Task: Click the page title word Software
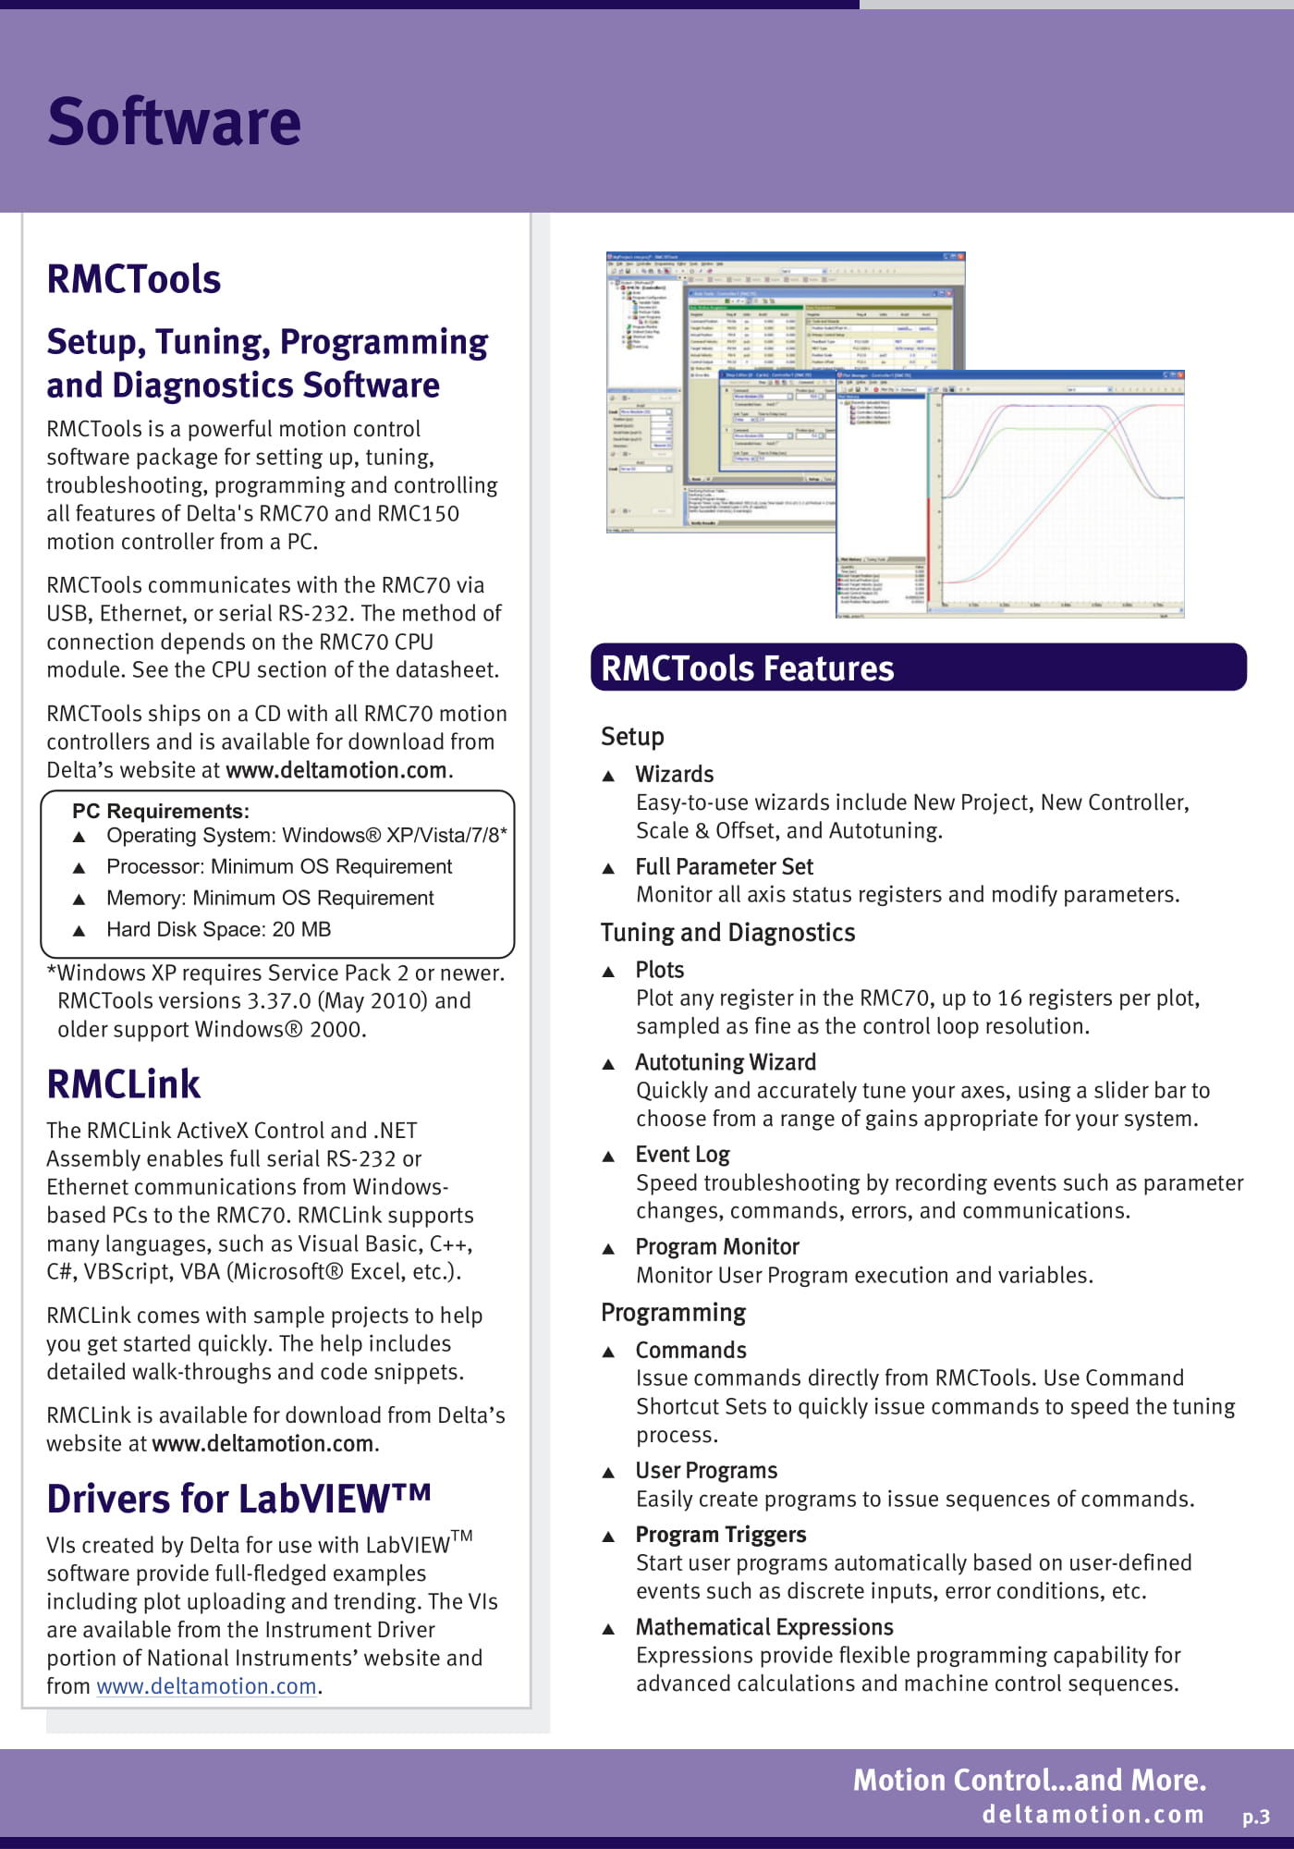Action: click(x=174, y=122)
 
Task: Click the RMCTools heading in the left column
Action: click(x=134, y=279)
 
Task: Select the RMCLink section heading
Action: click(x=124, y=1084)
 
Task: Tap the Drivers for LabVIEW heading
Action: click(x=238, y=1499)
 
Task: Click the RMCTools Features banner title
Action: click(x=747, y=668)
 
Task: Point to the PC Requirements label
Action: click(x=161, y=811)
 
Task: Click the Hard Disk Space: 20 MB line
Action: click(x=218, y=929)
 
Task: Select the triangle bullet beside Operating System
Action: click(x=79, y=837)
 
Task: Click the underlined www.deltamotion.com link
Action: click(x=206, y=1686)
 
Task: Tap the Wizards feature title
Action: click(x=675, y=774)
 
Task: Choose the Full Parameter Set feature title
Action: click(x=724, y=866)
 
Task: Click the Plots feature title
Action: click(x=660, y=970)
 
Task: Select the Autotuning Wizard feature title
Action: click(x=726, y=1062)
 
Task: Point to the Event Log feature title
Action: click(x=682, y=1155)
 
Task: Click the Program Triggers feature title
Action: click(x=720, y=1535)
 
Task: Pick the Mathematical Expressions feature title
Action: click(x=764, y=1627)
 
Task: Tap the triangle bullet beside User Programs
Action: click(x=608, y=1473)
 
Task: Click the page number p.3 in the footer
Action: click(x=1255, y=1817)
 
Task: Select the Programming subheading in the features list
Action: click(x=673, y=1313)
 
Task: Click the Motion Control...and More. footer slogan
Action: click(x=1029, y=1780)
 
